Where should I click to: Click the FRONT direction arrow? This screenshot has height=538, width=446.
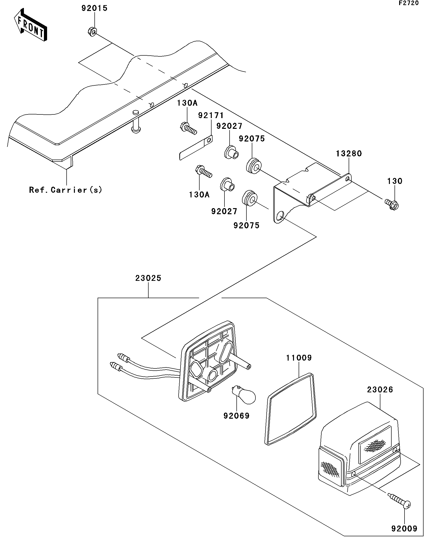30,25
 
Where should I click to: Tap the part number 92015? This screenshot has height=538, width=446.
94,8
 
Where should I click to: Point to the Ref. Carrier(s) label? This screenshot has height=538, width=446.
66,190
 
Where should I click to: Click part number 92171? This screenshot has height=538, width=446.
211,116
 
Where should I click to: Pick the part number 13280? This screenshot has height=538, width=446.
349,153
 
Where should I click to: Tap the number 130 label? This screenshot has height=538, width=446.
395,181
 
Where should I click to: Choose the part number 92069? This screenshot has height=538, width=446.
236,416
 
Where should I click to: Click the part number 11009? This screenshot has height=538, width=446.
299,358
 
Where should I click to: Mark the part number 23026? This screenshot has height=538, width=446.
380,390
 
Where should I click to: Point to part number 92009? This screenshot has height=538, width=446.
405,528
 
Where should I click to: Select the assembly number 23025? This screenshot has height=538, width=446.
148,278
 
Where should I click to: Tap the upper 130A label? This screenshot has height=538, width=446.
187,103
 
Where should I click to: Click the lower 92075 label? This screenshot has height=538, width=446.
246,225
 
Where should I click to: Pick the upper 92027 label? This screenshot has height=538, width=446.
229,126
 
